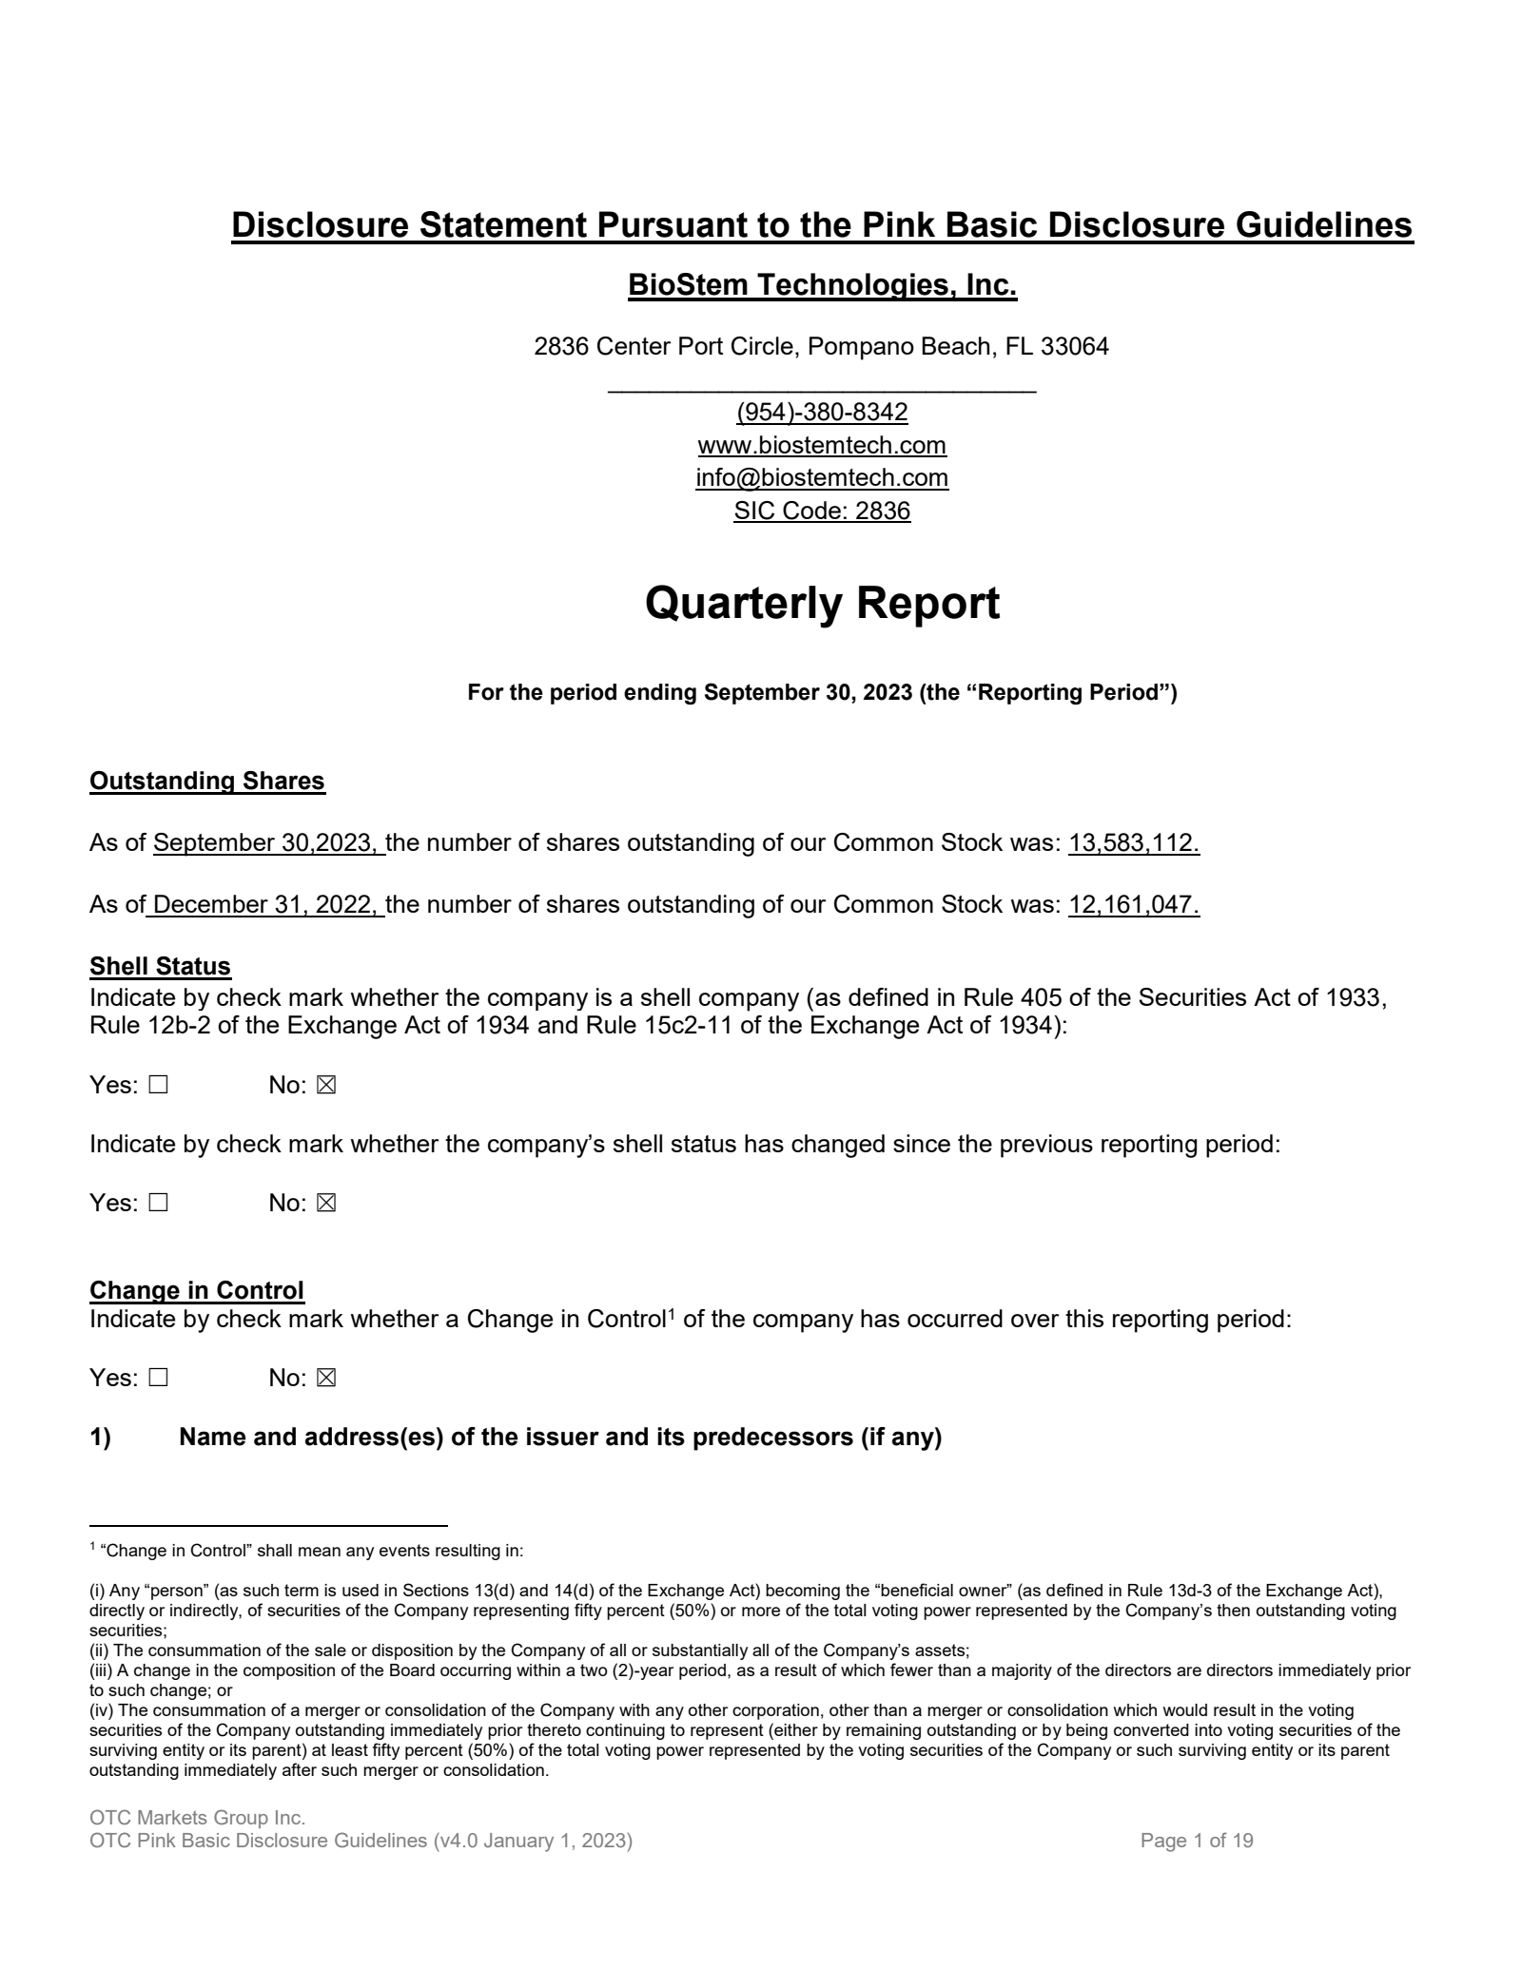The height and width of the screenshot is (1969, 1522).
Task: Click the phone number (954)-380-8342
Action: pos(822,413)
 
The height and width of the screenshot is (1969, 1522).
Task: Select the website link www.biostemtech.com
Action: pos(822,445)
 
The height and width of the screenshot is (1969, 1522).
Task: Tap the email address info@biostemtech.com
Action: pos(822,477)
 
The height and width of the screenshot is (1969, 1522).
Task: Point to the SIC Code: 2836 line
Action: pos(822,511)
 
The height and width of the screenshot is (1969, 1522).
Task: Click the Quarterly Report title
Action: pos(822,604)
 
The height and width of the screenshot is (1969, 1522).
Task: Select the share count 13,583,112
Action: pos(1133,842)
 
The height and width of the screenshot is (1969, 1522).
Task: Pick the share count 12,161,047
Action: pos(1133,904)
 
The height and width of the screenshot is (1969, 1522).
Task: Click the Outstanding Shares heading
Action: pos(207,781)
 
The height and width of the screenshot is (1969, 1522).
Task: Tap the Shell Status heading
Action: pos(160,966)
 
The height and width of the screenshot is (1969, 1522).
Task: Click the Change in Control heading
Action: pos(197,1290)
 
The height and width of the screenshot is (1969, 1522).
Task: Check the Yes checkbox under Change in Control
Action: pos(158,1378)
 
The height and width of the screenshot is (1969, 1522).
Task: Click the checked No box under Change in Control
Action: pos(326,1378)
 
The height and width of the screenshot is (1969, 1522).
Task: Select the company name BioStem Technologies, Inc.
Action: pos(822,285)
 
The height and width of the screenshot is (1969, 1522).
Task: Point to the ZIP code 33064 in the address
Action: pos(1074,347)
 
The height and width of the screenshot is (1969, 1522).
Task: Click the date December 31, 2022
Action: pos(266,904)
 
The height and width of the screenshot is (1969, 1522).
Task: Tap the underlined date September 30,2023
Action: pos(267,842)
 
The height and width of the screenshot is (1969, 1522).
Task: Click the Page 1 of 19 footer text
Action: pos(1197,1841)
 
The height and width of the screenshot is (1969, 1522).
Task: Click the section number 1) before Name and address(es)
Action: pos(100,1437)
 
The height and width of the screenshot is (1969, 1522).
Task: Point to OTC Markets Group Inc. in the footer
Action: pos(197,1818)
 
